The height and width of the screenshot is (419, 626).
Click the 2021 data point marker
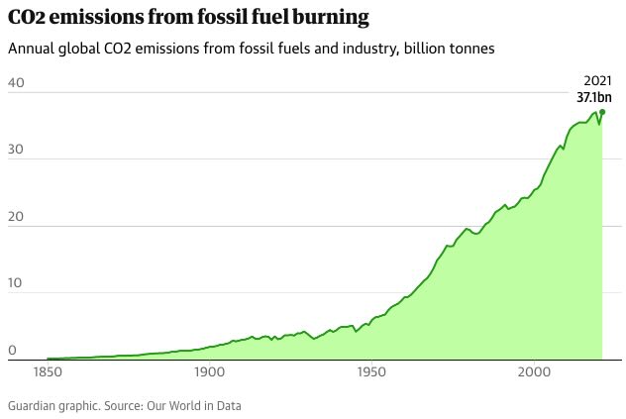pyautogui.click(x=602, y=112)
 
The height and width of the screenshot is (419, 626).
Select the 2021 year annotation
pyautogui.click(x=597, y=80)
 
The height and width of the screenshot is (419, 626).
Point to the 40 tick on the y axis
pyautogui.click(x=14, y=83)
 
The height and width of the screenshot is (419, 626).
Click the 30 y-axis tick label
pyautogui.click(x=14, y=150)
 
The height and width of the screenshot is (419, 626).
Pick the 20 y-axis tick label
pyautogui.click(x=14, y=217)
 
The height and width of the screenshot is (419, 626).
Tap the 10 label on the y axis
pyautogui.click(x=14, y=284)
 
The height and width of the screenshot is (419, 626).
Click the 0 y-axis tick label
pyautogui.click(x=11, y=351)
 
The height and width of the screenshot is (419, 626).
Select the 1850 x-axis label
pyautogui.click(x=47, y=374)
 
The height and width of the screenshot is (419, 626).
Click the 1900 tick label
pyautogui.click(x=209, y=374)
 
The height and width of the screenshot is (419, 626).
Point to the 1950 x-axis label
pyautogui.click(x=371, y=374)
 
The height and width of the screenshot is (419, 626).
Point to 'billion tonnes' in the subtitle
pyautogui.click(x=451, y=49)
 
